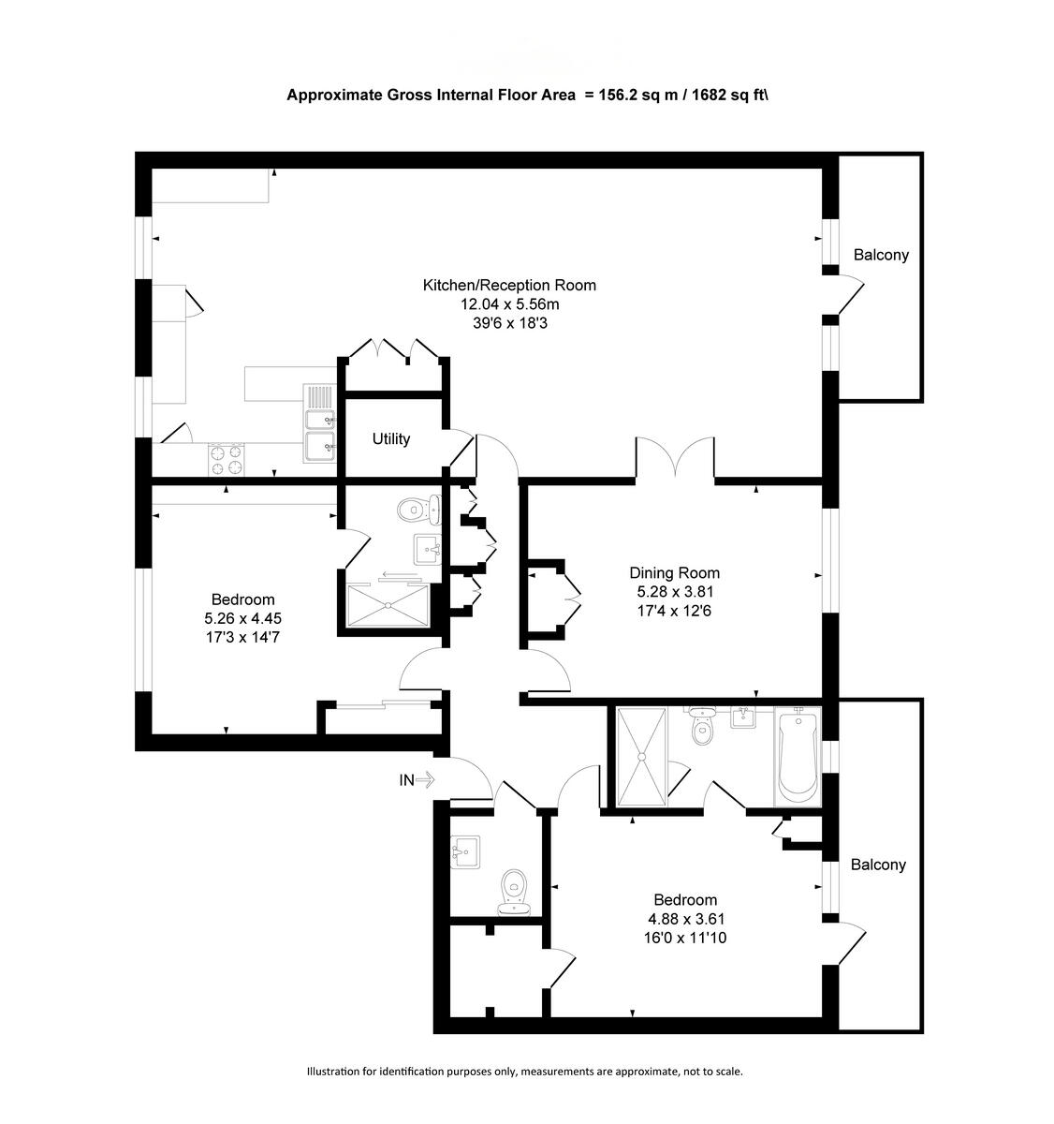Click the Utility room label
(x=390, y=438)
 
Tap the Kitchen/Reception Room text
(x=509, y=285)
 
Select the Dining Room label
(x=674, y=573)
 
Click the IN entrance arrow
(x=417, y=778)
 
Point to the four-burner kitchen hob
(x=226, y=458)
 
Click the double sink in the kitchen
(x=319, y=435)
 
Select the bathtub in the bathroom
(x=797, y=756)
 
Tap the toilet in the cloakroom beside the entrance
(x=514, y=891)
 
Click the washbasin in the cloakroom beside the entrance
(x=464, y=851)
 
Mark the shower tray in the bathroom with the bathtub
(x=641, y=756)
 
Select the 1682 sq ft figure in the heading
(x=728, y=95)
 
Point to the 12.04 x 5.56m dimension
(x=509, y=303)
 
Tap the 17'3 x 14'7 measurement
(x=242, y=637)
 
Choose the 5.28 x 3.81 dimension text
(x=674, y=592)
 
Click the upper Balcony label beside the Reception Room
(x=881, y=255)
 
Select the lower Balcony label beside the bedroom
(x=878, y=865)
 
